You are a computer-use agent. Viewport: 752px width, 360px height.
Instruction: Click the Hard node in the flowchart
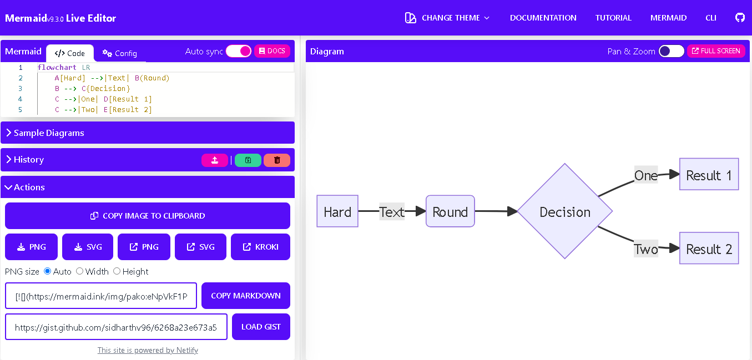click(337, 211)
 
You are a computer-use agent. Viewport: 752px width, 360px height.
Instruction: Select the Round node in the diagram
click(450, 211)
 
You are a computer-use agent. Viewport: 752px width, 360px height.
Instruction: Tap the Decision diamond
click(565, 211)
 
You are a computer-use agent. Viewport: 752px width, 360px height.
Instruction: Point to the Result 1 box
click(709, 175)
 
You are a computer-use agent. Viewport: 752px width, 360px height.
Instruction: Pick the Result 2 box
click(709, 249)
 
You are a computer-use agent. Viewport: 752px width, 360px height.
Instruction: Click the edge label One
click(646, 175)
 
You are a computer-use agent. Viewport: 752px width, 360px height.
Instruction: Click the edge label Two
click(646, 249)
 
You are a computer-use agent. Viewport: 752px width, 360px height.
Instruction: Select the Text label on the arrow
click(392, 211)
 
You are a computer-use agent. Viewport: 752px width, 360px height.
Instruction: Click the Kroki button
click(260, 247)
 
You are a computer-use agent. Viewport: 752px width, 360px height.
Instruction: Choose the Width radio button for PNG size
click(80, 271)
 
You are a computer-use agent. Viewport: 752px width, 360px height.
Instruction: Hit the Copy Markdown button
click(245, 296)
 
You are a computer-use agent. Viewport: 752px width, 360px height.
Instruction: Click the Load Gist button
click(261, 327)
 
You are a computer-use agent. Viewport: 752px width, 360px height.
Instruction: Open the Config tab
click(120, 53)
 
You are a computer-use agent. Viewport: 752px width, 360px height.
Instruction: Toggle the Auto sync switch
click(239, 51)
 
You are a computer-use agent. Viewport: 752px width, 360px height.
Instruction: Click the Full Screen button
click(716, 51)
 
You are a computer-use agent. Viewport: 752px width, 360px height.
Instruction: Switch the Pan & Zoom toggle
click(672, 51)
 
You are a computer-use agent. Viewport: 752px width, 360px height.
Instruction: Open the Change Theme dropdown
click(448, 18)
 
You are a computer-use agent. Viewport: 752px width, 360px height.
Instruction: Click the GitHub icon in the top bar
click(739, 18)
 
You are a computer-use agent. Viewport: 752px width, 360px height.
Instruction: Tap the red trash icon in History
click(277, 160)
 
